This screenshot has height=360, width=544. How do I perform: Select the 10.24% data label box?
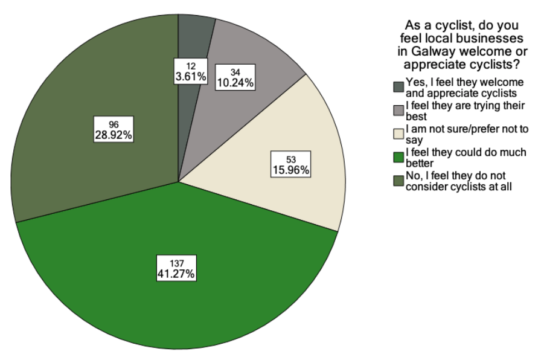click(235, 77)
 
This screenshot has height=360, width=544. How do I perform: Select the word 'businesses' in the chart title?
click(492, 39)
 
